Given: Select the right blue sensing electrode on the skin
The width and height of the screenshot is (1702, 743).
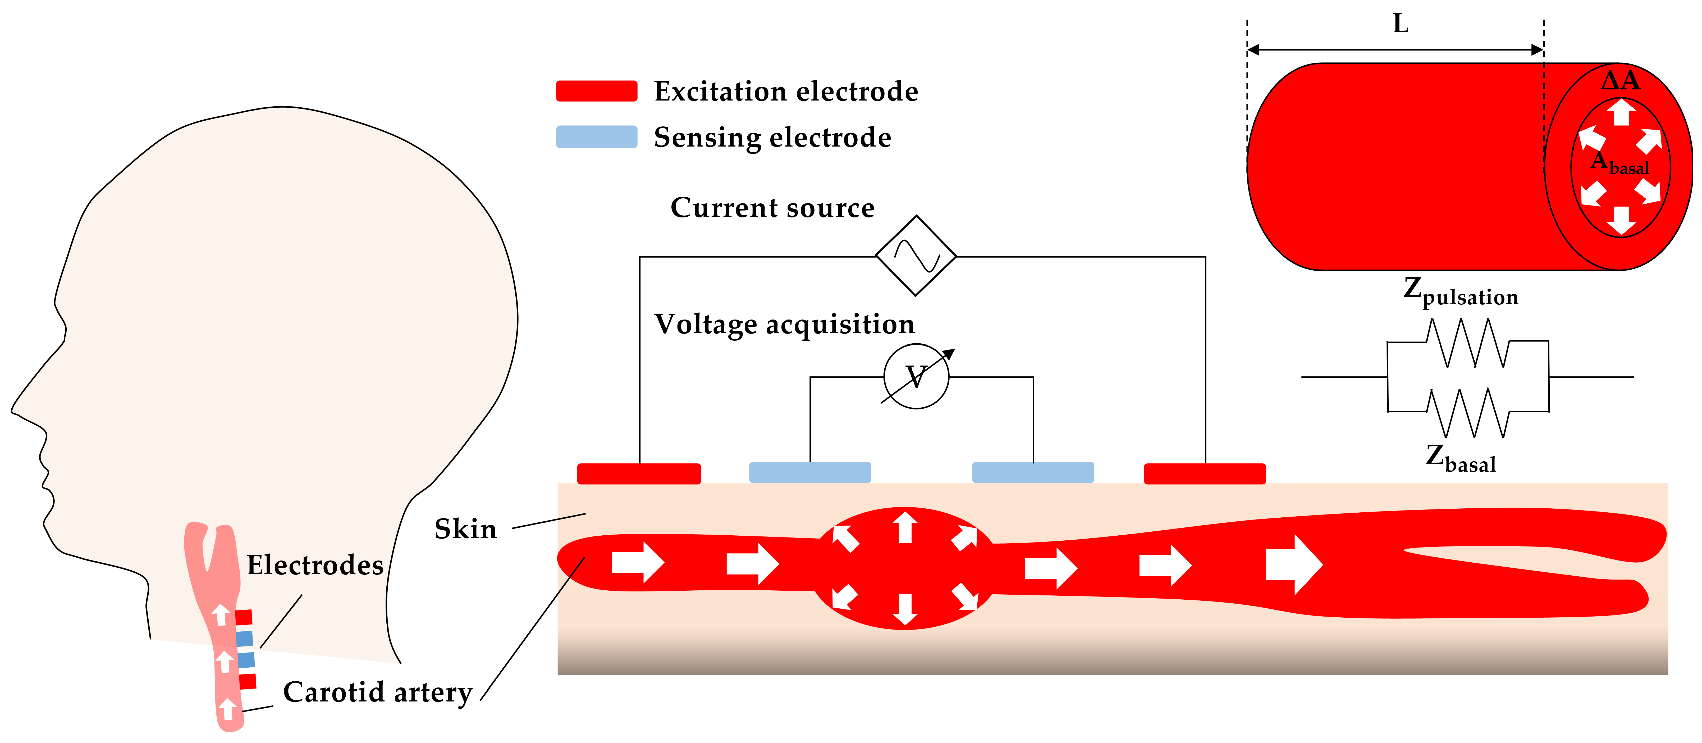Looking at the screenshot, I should pos(1033,472).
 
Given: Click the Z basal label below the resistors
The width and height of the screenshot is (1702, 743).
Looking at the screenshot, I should pos(1460,458).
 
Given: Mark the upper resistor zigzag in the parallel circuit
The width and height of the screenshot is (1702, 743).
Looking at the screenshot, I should pos(1467,343).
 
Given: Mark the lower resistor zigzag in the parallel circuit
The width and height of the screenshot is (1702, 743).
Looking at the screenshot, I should pos(1467,412).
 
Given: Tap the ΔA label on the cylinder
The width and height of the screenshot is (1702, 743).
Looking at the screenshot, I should pos(1620,81).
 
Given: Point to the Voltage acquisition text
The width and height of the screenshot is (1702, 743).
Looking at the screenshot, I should pos(784,324).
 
